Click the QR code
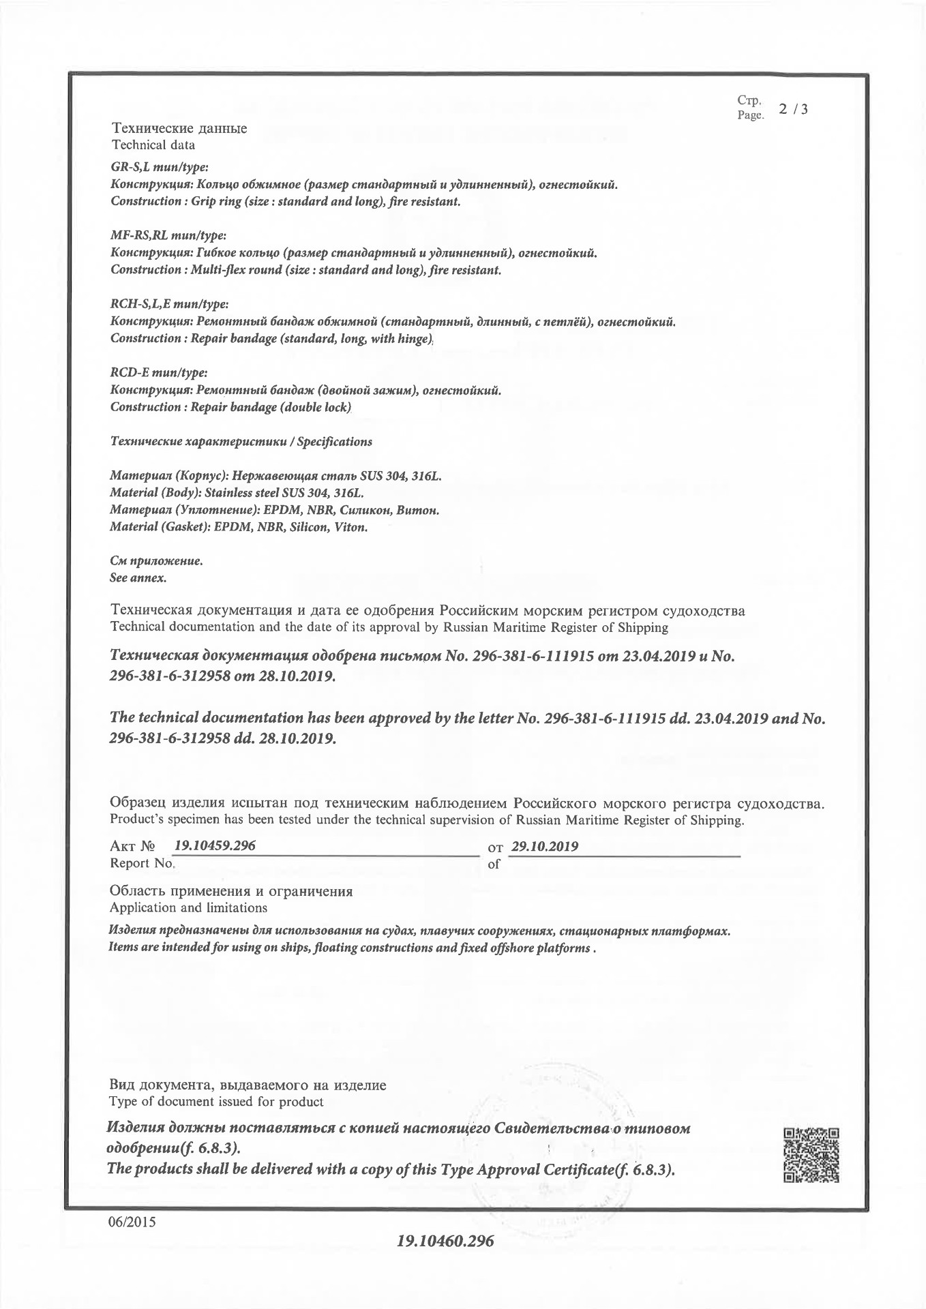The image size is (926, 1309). click(x=811, y=1154)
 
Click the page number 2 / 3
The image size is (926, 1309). click(x=793, y=109)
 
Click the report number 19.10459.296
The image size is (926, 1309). click(x=215, y=845)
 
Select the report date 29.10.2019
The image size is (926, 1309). click(x=545, y=846)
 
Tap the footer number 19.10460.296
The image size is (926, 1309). click(x=445, y=1241)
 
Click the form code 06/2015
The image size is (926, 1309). click(x=132, y=1221)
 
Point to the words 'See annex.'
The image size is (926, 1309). click(x=138, y=578)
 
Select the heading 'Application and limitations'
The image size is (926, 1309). click(x=188, y=907)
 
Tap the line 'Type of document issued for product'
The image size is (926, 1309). click(x=216, y=1101)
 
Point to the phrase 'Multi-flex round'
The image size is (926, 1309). click(x=234, y=270)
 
